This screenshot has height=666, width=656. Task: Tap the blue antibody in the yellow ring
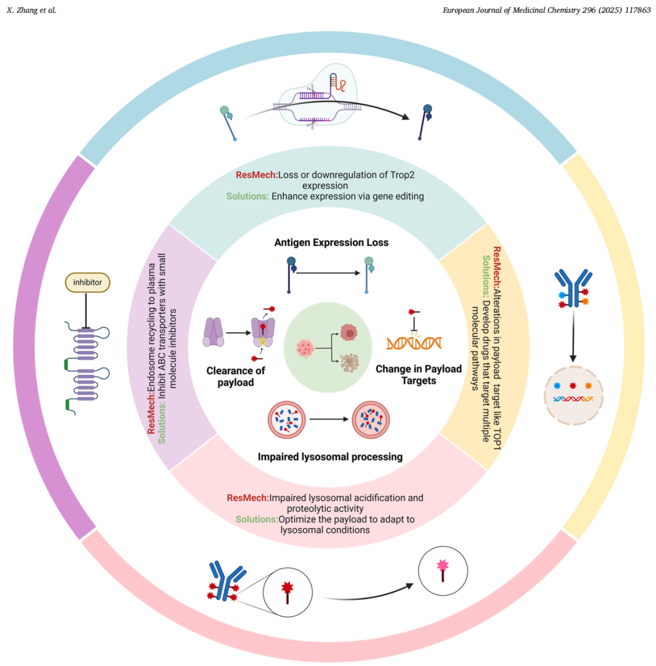tap(572, 289)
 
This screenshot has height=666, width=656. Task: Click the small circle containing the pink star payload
tap(443, 569)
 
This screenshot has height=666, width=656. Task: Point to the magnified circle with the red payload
tap(287, 591)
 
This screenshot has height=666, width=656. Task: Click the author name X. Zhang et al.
tap(31, 10)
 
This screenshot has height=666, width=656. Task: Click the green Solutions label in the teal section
tap(248, 196)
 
